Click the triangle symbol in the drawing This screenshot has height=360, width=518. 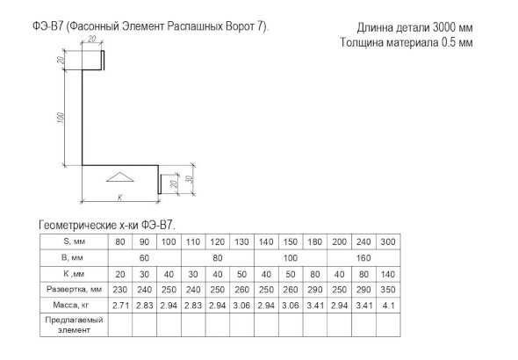120,177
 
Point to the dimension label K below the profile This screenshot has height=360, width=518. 120,198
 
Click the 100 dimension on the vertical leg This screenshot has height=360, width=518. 61,118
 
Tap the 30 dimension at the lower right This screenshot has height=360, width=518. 190,179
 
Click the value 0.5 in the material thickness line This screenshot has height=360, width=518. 449,42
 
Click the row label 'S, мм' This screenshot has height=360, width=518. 74,241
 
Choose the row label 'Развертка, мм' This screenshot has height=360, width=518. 74,290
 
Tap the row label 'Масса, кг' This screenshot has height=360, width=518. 71,305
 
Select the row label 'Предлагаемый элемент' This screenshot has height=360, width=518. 74,325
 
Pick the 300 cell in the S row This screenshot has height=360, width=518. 388,241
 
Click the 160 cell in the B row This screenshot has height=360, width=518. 363,258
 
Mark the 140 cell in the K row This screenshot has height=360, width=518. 388,274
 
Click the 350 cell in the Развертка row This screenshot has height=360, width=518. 388,290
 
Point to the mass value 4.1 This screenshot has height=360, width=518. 388,306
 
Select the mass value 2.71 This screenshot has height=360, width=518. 120,306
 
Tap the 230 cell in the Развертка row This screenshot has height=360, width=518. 120,290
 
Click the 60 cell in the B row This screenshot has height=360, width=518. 144,258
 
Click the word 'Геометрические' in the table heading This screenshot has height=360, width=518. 76,226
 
